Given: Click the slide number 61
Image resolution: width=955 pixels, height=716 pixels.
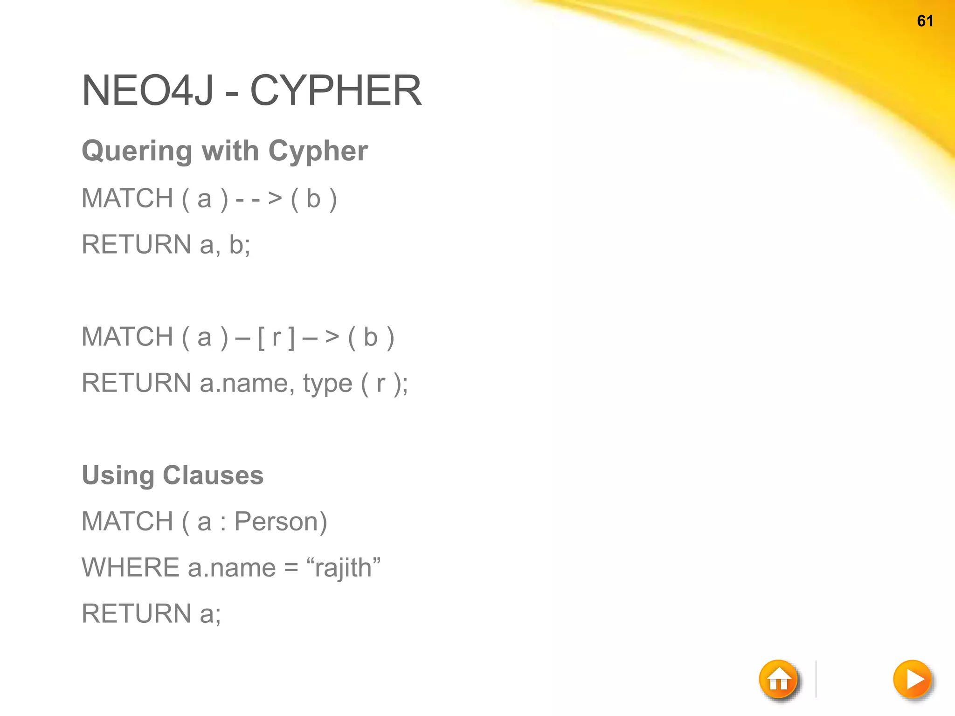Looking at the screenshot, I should click(925, 21).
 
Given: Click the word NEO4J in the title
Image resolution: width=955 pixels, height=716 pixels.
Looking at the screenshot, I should click(148, 90).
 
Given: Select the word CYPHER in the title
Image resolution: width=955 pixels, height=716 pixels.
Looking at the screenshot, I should click(336, 90).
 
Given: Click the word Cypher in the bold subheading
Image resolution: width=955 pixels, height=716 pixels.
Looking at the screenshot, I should click(318, 151).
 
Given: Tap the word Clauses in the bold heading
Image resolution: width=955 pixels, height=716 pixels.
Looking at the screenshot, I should click(213, 475).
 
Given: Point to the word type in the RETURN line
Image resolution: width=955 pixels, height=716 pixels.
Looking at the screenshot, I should click(327, 384).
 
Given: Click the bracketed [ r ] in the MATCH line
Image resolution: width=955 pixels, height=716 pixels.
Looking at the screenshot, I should click(276, 337).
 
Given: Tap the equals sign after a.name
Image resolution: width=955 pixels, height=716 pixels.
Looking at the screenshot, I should click(291, 568).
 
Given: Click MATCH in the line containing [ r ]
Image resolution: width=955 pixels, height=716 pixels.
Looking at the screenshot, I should click(127, 337).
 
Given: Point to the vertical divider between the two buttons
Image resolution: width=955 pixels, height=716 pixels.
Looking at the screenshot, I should click(816, 679).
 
